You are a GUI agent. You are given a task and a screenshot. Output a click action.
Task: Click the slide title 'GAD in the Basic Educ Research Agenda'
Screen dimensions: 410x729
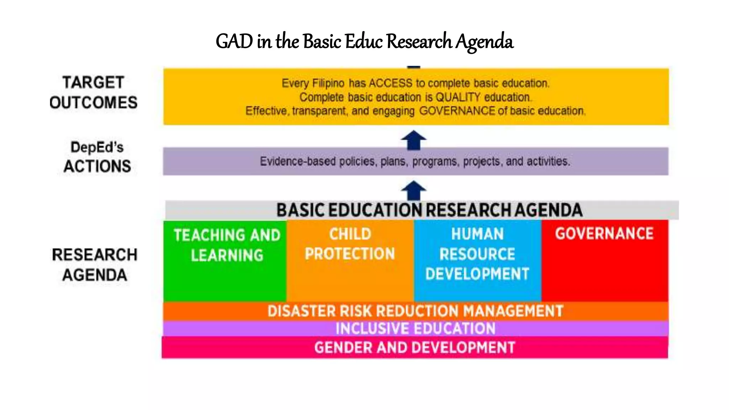(364, 41)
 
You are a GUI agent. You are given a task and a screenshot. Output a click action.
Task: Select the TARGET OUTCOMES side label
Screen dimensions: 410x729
(93, 93)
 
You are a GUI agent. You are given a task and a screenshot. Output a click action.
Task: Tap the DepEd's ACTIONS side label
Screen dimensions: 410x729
(97, 157)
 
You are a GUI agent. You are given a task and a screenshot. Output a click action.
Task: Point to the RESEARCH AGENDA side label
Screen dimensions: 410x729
(94, 265)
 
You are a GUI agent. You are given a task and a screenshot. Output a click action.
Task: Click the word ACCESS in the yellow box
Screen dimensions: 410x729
(390, 83)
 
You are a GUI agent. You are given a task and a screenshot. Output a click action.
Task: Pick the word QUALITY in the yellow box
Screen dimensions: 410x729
(458, 97)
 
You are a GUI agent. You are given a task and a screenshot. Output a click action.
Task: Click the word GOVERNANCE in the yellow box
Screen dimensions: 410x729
(457, 111)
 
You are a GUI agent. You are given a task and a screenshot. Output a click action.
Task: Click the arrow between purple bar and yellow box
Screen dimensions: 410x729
(413, 140)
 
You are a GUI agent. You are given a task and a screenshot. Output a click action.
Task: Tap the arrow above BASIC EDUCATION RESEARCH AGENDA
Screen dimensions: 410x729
(413, 190)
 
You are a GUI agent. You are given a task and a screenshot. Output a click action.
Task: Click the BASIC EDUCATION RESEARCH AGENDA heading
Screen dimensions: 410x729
(429, 210)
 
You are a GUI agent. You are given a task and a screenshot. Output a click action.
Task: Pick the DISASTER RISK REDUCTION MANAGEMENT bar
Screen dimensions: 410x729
(415, 311)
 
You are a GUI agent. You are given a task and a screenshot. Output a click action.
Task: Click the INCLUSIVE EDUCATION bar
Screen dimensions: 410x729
(415, 328)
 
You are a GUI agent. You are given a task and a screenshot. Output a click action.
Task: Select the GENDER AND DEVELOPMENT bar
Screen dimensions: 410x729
(415, 347)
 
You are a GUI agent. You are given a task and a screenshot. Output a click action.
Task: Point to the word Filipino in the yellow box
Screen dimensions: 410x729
(328, 83)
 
